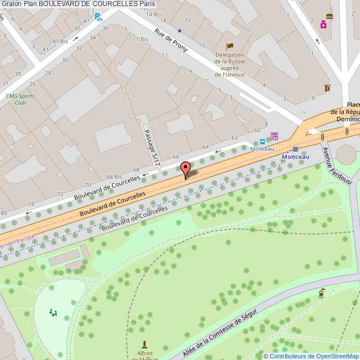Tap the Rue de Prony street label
tap(171, 40)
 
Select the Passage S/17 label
tap(151, 148)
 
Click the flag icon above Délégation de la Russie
tap(230, 47)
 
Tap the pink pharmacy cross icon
tap(323, 24)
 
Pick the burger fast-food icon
tap(330, 16)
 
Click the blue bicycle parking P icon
tap(99, 17)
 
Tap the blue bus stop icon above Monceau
tap(262, 141)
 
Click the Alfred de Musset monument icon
tap(145, 344)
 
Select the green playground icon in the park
tap(53, 313)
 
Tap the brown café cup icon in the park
tap(321, 293)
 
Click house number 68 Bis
tap(114, 176)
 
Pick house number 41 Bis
tap(59, 41)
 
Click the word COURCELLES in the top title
tap(114, 4)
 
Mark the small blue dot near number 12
tap(179, 30)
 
